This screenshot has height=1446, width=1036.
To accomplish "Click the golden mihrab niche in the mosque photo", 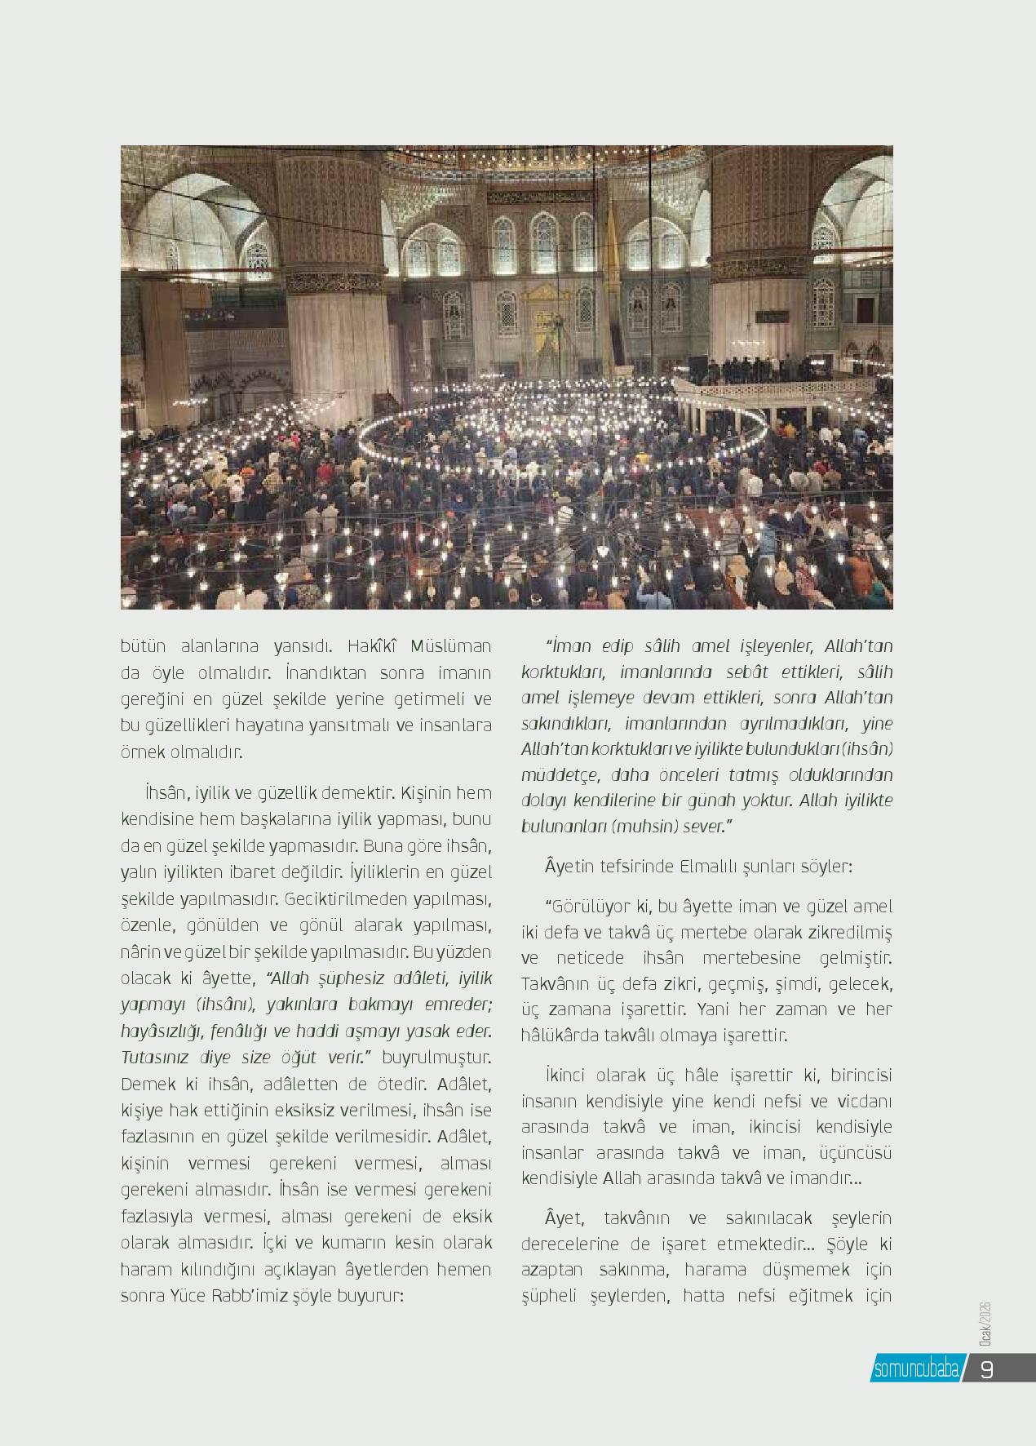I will pyautogui.click(x=541, y=326).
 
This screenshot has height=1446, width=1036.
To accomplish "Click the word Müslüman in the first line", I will pyautogui.click(x=452, y=646).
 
